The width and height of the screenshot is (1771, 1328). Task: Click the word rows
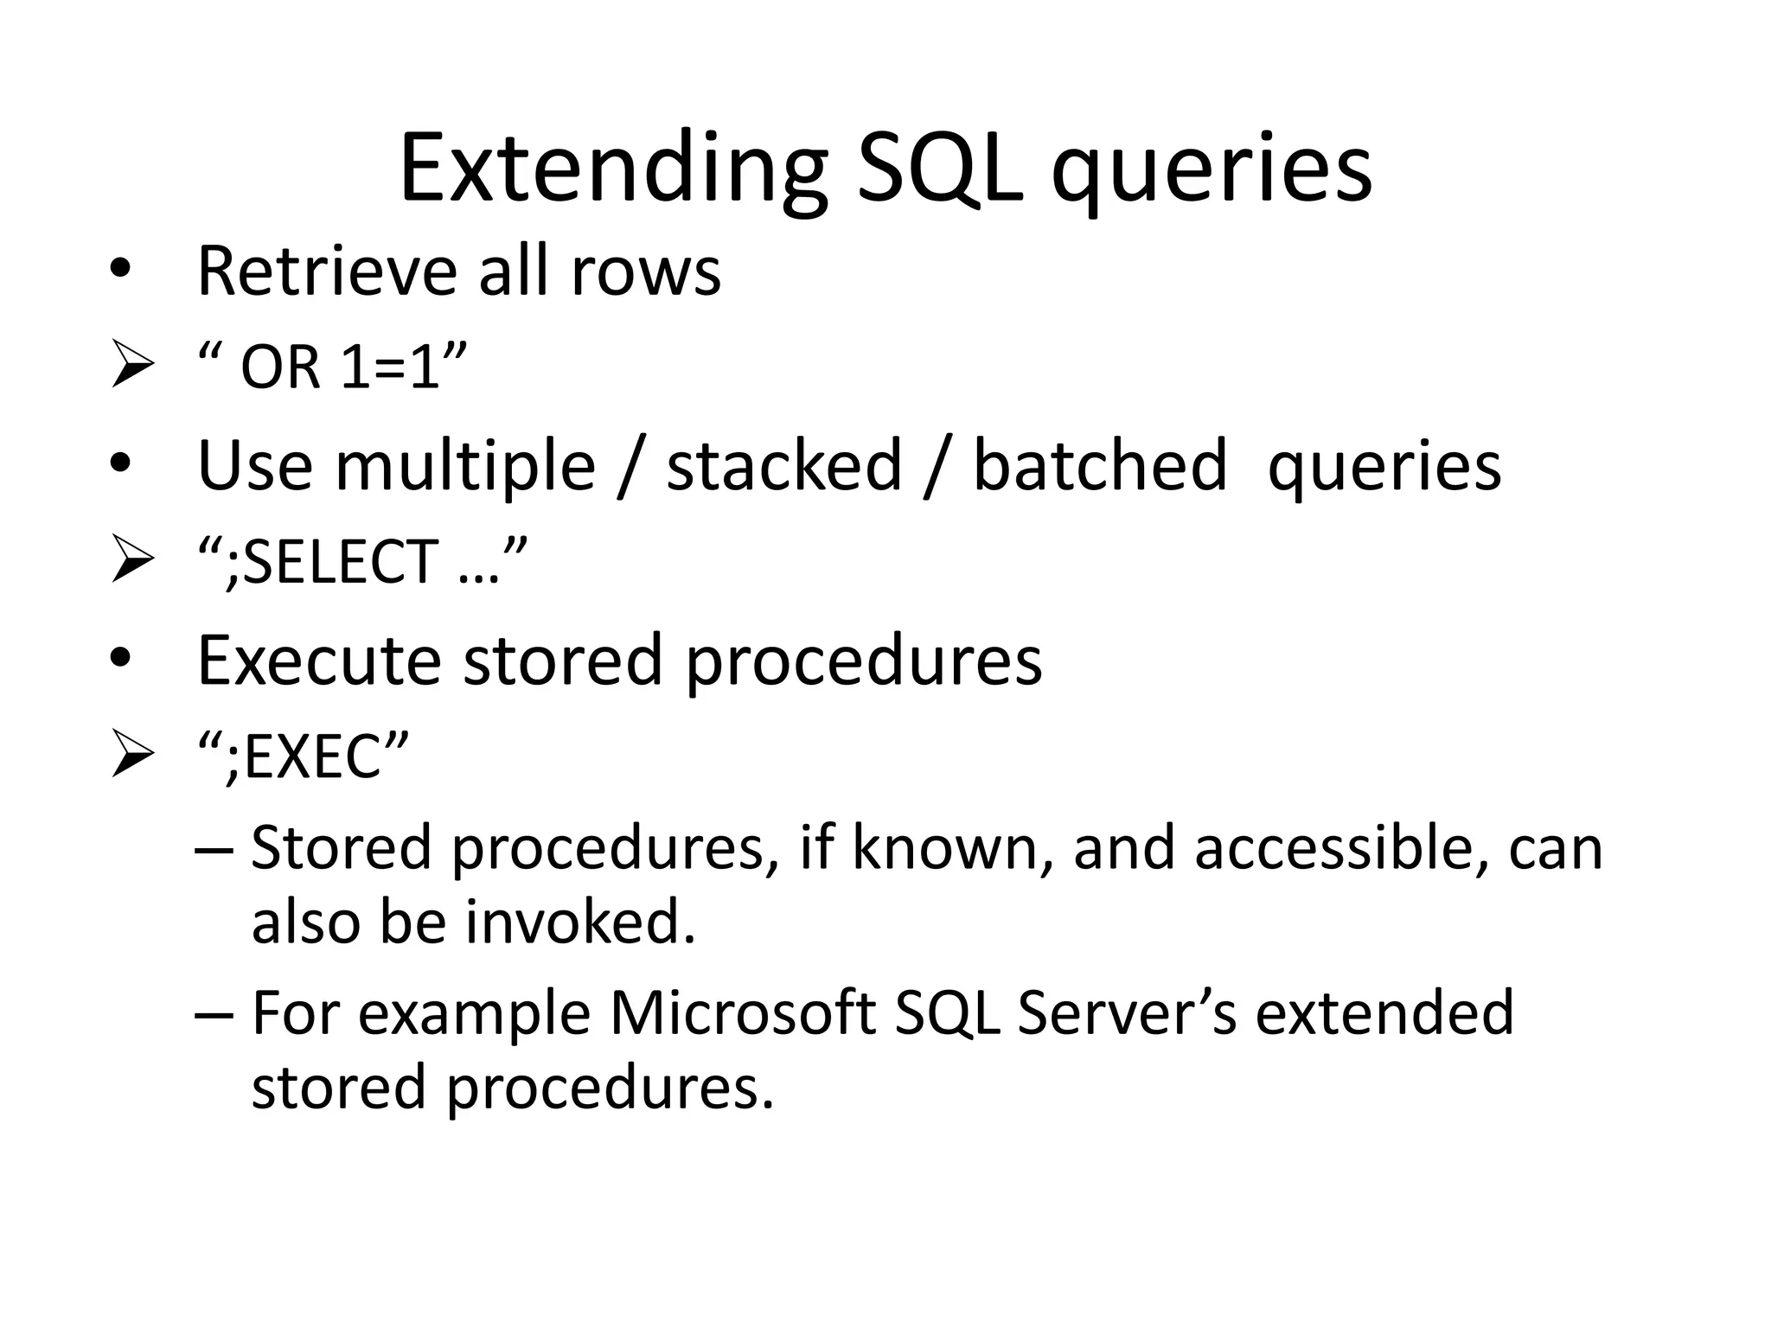(x=645, y=272)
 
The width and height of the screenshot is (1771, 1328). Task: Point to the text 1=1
(x=390, y=367)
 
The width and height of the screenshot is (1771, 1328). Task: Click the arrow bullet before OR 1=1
(x=132, y=367)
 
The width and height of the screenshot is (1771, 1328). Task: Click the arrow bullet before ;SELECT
(x=132, y=562)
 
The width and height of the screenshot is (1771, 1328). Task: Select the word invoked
(x=579, y=923)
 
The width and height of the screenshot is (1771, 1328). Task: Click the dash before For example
(x=214, y=1013)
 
